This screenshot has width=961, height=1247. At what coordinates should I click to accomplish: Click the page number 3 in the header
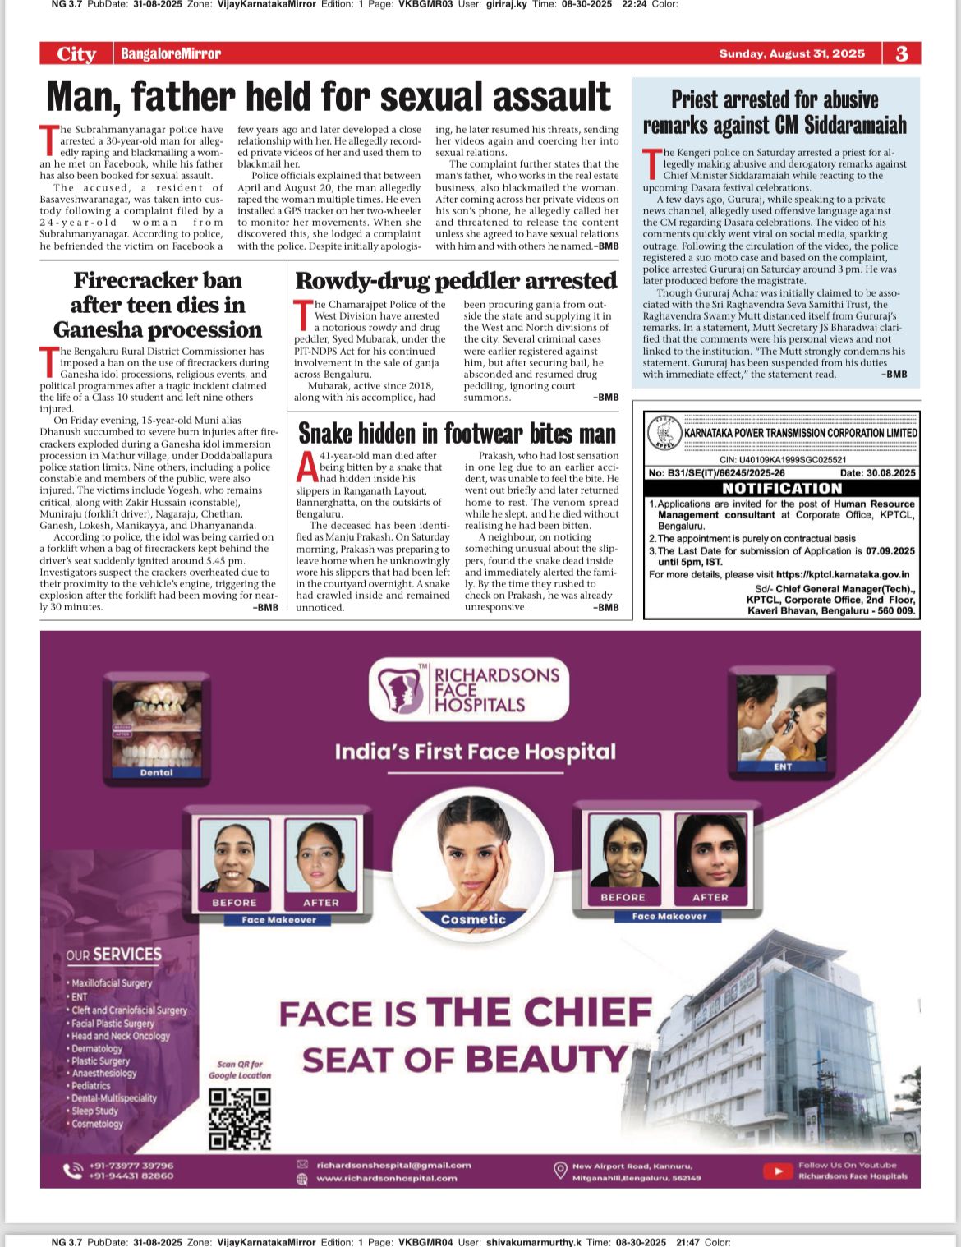pyautogui.click(x=902, y=53)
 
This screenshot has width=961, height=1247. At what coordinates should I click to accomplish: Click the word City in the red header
pyautogui.click(x=76, y=54)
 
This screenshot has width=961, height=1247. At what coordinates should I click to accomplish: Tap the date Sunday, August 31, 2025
pyautogui.click(x=792, y=53)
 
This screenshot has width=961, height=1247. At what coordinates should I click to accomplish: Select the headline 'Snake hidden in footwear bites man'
pyautogui.click(x=457, y=433)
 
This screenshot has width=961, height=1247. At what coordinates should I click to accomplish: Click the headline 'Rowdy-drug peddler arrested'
pyautogui.click(x=456, y=281)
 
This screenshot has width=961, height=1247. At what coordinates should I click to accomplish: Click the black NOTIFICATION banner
pyautogui.click(x=782, y=488)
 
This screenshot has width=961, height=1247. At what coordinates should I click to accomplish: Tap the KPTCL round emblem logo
pyautogui.click(x=664, y=433)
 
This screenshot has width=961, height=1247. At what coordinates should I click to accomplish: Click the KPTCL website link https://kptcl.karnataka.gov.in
pyautogui.click(x=842, y=575)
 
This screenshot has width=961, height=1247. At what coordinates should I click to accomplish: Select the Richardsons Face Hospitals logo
pyautogui.click(x=469, y=688)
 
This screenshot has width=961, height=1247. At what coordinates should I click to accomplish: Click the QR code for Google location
pyautogui.click(x=239, y=1118)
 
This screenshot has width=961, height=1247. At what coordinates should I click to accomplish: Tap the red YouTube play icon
pyautogui.click(x=777, y=1171)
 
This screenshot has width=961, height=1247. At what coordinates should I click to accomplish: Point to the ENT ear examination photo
pyautogui.click(x=782, y=720)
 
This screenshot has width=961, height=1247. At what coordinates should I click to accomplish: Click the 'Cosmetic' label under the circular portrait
pyautogui.click(x=473, y=919)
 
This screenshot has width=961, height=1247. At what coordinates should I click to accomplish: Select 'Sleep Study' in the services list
pyautogui.click(x=94, y=1111)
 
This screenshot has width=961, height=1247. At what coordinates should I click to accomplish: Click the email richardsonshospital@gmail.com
pyautogui.click(x=393, y=1165)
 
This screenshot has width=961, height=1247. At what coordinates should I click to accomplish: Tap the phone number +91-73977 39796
pyautogui.click(x=131, y=1165)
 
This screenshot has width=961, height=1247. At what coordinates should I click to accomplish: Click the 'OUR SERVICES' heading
pyautogui.click(x=114, y=955)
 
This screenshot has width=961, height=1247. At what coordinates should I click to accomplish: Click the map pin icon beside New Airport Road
pyautogui.click(x=560, y=1170)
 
